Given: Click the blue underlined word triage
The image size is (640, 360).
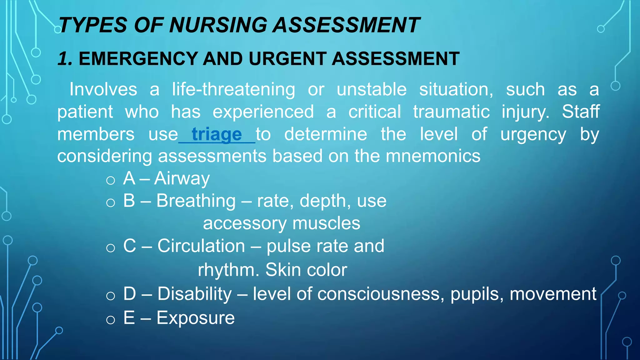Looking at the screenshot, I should coord(217,134).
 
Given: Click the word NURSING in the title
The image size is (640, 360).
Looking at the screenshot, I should coord(218,25).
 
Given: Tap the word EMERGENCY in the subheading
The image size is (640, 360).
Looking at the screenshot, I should coord(138,59).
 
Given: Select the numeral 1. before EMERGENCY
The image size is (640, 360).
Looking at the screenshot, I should coord(65,59).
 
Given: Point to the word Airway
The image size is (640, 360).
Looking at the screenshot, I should coord(182,179).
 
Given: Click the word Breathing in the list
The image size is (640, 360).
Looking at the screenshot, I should coord(196,201).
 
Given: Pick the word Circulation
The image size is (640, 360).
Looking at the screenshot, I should coord(201,246).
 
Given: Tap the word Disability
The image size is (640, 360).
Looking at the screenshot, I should coord(194,294).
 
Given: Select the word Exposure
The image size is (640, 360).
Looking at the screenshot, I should coord(195,318).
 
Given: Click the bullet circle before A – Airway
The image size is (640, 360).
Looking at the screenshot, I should coord(111,180).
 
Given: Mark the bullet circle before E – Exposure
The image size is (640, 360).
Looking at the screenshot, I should coord(111,320).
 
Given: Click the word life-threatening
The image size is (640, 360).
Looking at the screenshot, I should coord(233,90).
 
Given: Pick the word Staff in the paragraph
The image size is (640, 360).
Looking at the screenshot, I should coord(581,112).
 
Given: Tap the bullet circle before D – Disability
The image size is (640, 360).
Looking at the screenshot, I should coord(111,296).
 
